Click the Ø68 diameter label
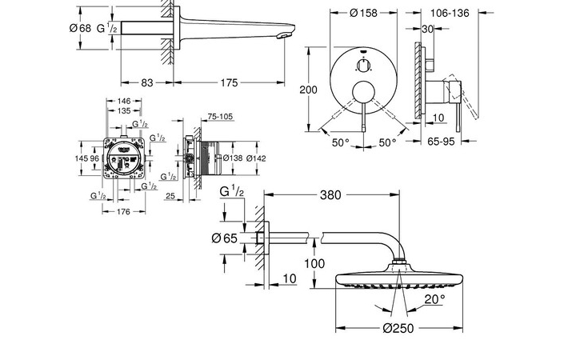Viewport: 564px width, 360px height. pyautogui.click(x=80, y=28)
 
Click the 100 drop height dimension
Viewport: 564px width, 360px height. pyautogui.click(x=314, y=263)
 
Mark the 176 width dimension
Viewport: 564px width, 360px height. pyautogui.click(x=123, y=212)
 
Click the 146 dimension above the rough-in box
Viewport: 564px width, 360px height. pyautogui.click(x=123, y=102)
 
